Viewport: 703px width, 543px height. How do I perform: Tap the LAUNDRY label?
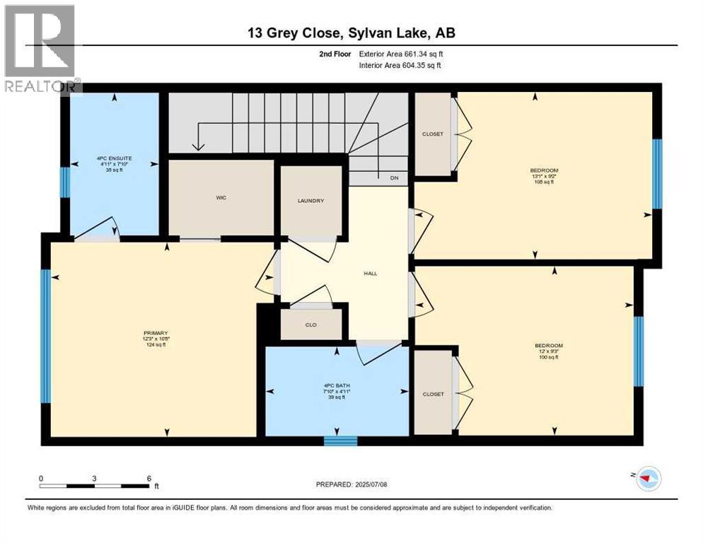[x=310, y=201]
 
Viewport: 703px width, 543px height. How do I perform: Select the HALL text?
[x=370, y=273]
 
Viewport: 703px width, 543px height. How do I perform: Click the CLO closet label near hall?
[x=310, y=325]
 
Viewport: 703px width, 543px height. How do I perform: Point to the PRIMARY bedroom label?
[x=155, y=333]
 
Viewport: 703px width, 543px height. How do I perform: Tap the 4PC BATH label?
[x=337, y=385]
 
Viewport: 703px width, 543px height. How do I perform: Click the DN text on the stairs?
[x=395, y=178]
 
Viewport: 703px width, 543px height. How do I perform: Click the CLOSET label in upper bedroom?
[x=432, y=134]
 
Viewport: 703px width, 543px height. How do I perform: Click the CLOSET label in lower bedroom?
[x=432, y=394]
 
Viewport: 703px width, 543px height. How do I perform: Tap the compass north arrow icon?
[x=647, y=479]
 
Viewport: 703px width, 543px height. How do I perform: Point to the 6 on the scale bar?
[x=149, y=478]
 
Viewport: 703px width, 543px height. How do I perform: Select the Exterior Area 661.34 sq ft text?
[x=401, y=54]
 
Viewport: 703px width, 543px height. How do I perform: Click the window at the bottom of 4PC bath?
[x=340, y=441]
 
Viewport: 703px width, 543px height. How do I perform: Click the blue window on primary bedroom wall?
[x=45, y=336]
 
